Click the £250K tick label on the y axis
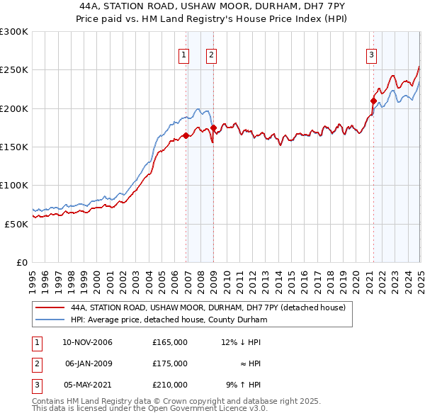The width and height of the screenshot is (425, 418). [14, 70]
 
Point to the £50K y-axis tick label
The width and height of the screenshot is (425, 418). [16, 224]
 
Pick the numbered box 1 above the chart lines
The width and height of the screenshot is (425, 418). [184, 55]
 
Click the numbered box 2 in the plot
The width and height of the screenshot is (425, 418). [212, 55]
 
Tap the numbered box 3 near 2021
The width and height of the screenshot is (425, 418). [371, 55]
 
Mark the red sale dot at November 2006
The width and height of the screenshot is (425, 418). [186, 135]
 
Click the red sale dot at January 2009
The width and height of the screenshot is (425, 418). [213, 128]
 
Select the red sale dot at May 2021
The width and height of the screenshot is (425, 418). [373, 101]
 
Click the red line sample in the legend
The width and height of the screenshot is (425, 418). [49, 307]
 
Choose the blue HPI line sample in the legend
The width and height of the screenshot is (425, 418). [49, 320]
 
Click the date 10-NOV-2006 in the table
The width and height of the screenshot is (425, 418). [88, 342]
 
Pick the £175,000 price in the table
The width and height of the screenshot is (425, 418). [170, 363]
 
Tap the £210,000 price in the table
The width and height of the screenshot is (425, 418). [170, 385]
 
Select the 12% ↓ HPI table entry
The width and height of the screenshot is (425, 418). [241, 342]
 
